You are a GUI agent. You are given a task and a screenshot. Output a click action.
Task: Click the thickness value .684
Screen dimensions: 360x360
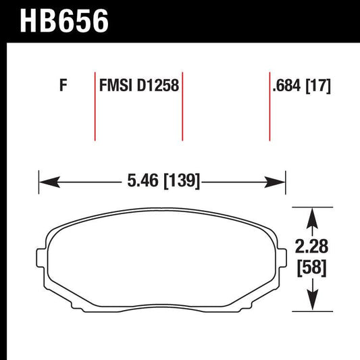[286, 86]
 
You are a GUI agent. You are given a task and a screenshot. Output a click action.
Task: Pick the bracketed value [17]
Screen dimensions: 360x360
[317, 86]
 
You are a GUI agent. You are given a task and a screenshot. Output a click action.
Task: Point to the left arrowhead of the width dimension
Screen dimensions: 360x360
[46, 181]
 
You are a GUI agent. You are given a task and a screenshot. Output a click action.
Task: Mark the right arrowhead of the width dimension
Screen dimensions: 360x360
[280, 181]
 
